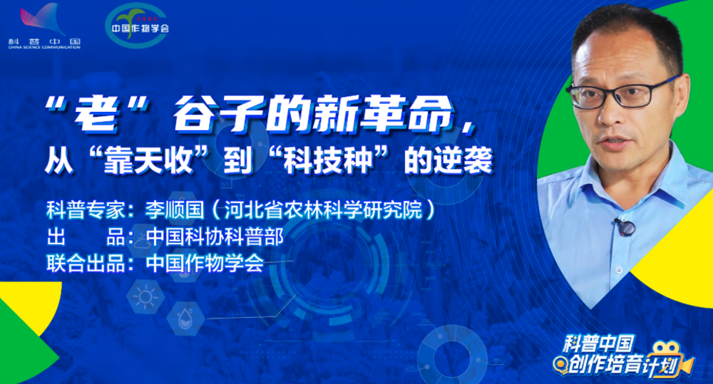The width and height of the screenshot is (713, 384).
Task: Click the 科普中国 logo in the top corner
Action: point(44,26)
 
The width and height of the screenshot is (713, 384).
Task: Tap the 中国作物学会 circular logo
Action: point(137,25)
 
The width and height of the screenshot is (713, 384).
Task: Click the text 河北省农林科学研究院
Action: point(323,210)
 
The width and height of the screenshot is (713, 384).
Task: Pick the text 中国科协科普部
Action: point(215,237)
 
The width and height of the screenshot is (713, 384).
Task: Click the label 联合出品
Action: point(86,264)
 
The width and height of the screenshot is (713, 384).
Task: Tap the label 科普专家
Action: point(86,210)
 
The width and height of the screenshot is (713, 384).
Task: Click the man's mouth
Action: point(615,144)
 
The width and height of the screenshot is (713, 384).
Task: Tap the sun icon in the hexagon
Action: point(145,297)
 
